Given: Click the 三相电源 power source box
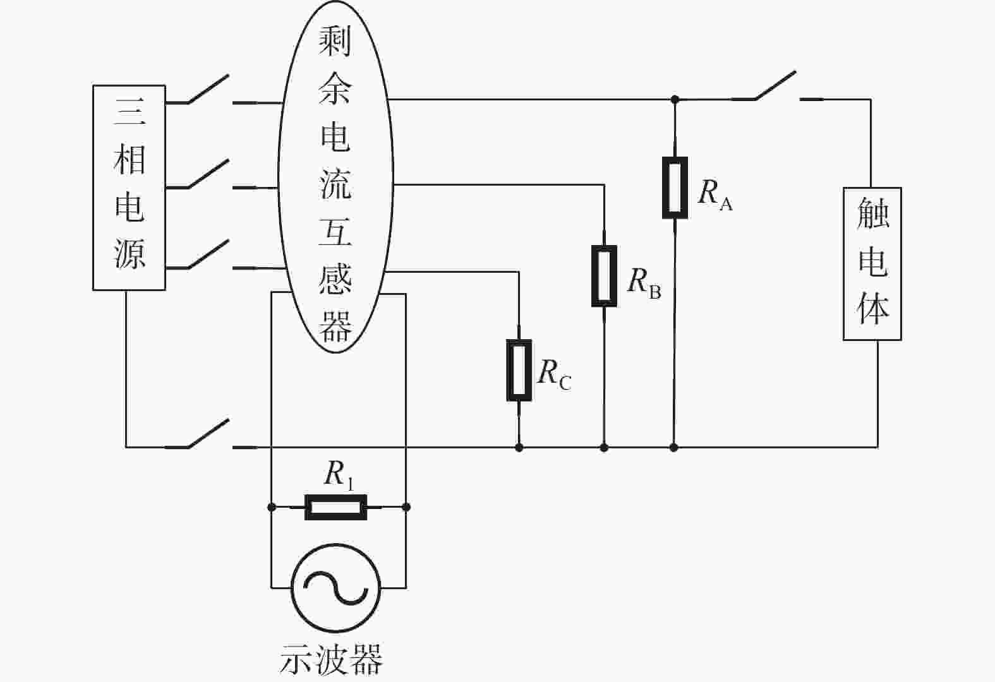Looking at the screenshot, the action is click(129, 188).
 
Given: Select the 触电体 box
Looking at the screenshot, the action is click(872, 264).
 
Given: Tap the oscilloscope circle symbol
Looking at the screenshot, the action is click(336, 588).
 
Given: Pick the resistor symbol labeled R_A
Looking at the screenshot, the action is click(675, 188).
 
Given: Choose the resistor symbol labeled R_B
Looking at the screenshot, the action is click(604, 276).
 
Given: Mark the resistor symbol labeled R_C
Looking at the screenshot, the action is click(519, 370).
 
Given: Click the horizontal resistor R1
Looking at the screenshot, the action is click(336, 507).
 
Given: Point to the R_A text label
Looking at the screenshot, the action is click(715, 194).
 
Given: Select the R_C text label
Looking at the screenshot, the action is click(555, 375).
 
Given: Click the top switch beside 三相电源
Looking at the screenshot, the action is click(208, 89).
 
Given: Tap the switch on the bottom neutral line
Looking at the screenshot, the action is click(208, 434).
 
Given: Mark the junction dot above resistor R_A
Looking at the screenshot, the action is click(675, 100).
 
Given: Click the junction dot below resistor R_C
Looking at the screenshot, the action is click(519, 448).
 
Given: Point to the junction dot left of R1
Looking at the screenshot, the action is click(272, 507).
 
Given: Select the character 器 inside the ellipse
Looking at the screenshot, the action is click(335, 326).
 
